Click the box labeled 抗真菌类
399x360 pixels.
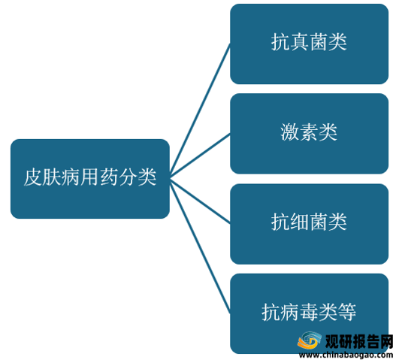309,44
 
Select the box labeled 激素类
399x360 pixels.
309,134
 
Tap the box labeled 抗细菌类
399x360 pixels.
309,224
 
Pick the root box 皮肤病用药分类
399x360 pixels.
90,179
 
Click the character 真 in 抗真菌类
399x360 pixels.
300,42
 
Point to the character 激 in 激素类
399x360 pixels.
290,132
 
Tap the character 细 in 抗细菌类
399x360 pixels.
300,222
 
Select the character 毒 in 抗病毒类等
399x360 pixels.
309,312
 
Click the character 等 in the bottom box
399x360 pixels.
346,312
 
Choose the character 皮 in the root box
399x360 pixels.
33,177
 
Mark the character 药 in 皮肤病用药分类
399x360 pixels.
109,177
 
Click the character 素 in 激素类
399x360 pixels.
309,132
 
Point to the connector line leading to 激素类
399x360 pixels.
200,156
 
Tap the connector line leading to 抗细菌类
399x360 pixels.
200,201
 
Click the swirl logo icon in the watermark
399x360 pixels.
310,340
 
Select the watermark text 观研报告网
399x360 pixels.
359,341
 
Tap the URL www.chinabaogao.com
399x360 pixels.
346,355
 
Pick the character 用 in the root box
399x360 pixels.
90,177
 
